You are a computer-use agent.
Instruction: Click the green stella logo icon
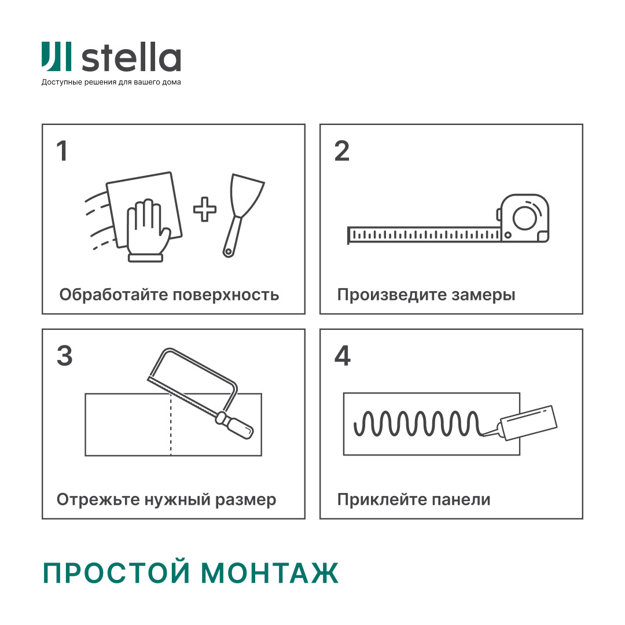tap(56, 57)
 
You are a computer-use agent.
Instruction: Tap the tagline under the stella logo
tap(111, 82)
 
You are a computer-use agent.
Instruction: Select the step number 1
tap(62, 152)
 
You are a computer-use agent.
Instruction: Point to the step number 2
tap(342, 152)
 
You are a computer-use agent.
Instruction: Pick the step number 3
tap(64, 356)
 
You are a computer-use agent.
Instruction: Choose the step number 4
tap(343, 356)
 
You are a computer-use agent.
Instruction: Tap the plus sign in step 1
tap(205, 209)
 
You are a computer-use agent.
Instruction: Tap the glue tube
tap(527, 422)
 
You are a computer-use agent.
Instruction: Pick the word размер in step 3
tap(244, 500)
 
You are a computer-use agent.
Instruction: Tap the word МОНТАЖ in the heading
tap(270, 573)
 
